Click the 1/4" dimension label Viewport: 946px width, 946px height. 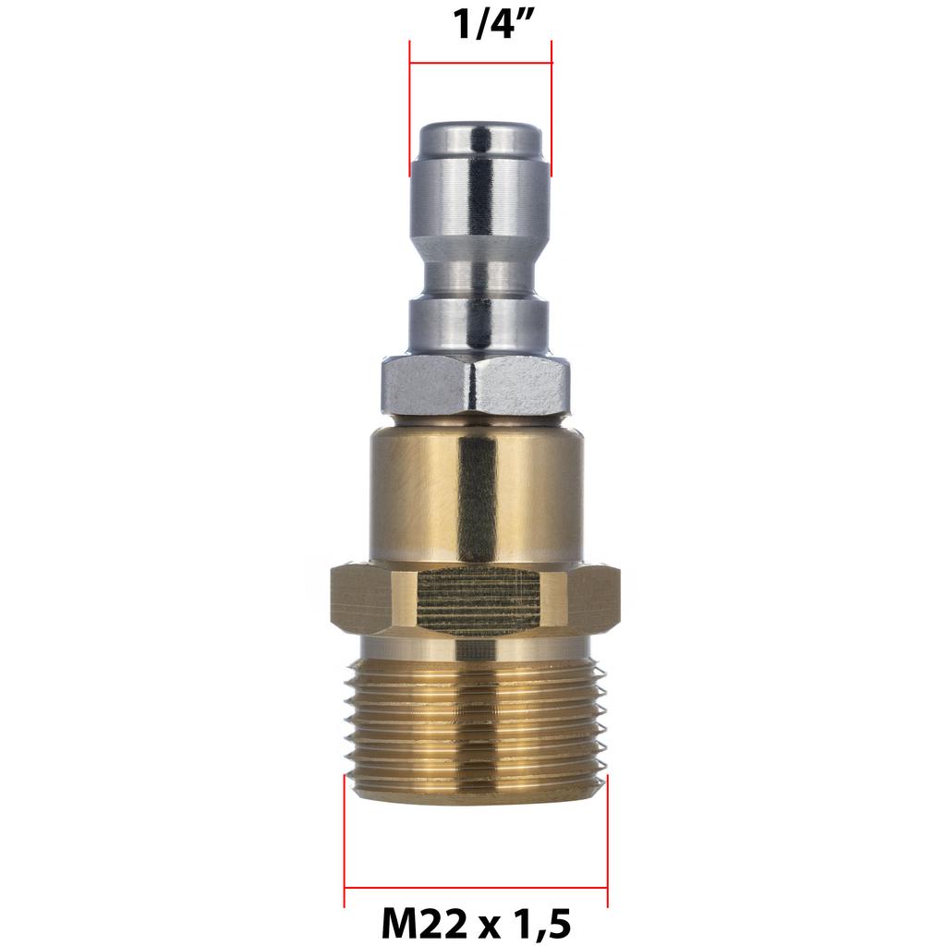(480, 24)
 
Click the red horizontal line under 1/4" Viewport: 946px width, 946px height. (480, 64)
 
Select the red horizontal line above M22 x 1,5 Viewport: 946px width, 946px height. (476, 889)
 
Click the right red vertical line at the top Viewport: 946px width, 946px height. (552, 111)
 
